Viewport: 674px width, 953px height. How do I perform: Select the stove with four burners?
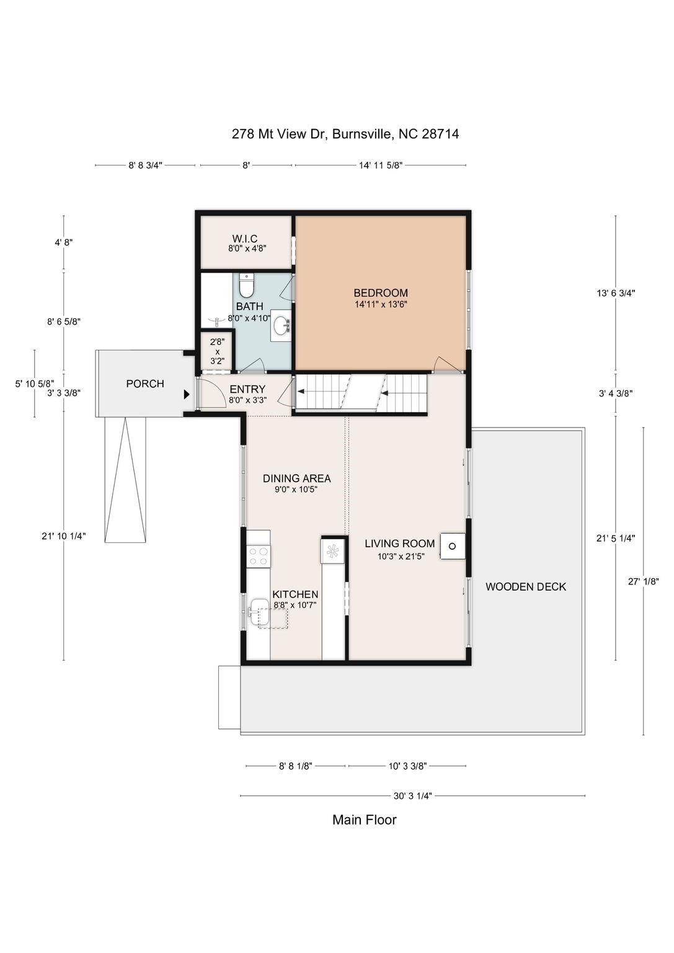pos(259,557)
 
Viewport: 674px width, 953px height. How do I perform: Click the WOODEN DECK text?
pos(526,587)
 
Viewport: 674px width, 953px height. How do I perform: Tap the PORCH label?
pos(145,384)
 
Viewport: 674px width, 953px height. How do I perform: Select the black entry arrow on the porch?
pos(186,395)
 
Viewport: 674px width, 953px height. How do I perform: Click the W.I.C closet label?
pos(244,239)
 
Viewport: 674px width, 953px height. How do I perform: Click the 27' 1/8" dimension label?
pos(644,581)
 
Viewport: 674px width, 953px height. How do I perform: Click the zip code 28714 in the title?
pos(440,134)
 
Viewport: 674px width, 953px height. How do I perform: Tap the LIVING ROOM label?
pos(400,544)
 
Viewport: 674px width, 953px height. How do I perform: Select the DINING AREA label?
pos(296,478)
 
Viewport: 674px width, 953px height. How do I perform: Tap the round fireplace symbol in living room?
pos(452,546)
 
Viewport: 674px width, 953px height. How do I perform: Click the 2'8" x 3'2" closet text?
pos(217,352)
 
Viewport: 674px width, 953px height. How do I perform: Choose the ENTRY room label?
pos(247,389)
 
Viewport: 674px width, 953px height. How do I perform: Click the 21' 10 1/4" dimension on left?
pos(64,536)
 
